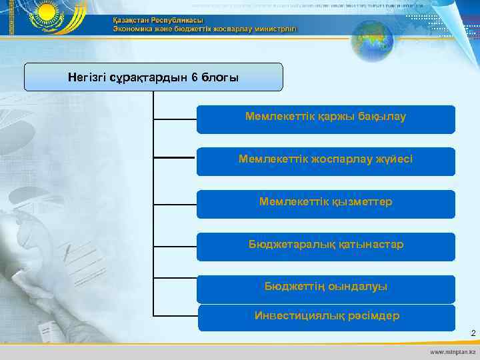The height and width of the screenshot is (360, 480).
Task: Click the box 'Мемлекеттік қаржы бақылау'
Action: click(x=325, y=118)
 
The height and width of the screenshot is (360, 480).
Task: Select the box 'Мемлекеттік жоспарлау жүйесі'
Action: click(x=325, y=160)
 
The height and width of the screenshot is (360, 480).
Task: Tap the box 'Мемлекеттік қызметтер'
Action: click(x=325, y=202)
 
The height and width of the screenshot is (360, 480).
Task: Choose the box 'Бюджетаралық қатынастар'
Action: click(x=325, y=245)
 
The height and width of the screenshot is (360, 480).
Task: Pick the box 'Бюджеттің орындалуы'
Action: click(x=325, y=287)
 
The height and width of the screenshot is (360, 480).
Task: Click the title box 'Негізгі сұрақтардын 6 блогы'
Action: click(x=153, y=77)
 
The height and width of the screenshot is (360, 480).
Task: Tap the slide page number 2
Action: click(x=473, y=333)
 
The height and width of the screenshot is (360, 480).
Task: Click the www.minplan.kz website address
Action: click(x=453, y=351)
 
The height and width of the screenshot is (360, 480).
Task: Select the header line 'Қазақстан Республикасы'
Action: click(x=157, y=20)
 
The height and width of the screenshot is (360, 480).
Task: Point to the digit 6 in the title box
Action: click(x=194, y=77)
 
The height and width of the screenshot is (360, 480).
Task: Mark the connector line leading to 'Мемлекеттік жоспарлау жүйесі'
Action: click(x=175, y=157)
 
